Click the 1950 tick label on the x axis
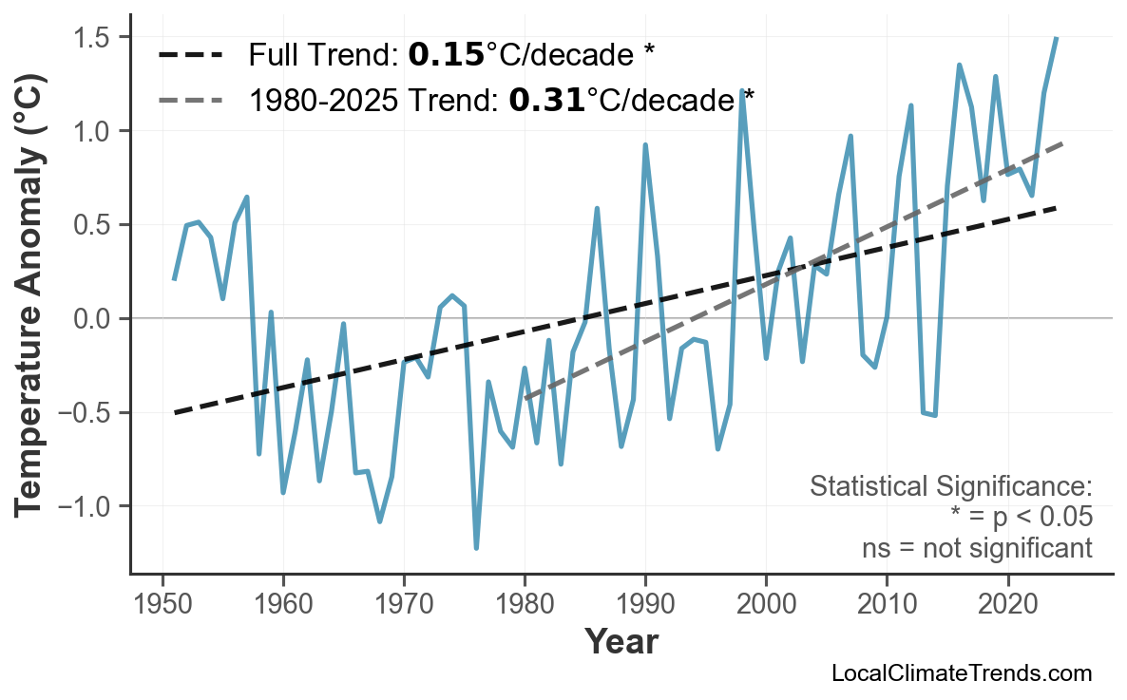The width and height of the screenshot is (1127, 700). coord(162,605)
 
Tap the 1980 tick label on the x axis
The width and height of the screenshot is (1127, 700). coord(525,605)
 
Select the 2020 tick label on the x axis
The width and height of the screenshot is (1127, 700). coord(1007,605)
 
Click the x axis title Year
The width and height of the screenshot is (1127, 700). coord(621,642)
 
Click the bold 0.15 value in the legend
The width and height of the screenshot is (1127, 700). coord(446,56)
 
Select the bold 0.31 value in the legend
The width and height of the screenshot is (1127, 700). coord(546,100)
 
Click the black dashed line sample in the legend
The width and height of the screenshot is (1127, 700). coord(191,56)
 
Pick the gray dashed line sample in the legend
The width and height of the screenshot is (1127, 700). coord(191,100)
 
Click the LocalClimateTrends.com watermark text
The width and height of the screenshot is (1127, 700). coord(961,673)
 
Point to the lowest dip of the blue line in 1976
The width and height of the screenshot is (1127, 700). coord(476,547)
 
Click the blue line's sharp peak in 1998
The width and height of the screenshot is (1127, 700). coord(741,91)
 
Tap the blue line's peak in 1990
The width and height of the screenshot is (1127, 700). coord(645,145)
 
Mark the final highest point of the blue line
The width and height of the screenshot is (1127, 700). coord(1056,38)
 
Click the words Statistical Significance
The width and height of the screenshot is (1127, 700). coord(950,487)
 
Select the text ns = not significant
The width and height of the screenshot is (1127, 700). coord(977,548)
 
